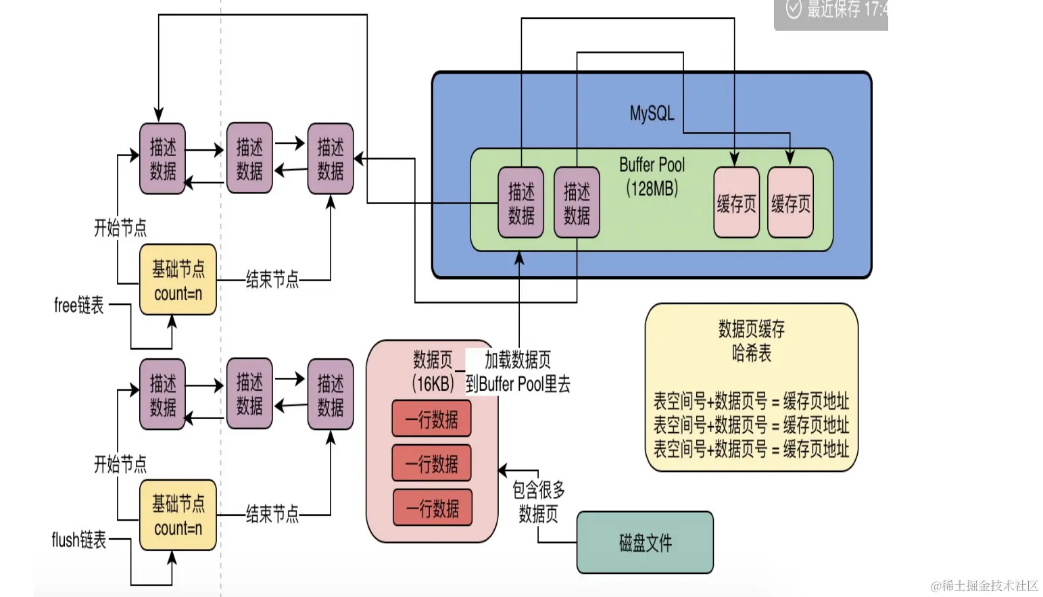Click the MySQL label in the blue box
[652, 113]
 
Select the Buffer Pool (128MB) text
[652, 176]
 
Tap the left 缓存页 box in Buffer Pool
[736, 203]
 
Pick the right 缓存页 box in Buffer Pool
[790, 203]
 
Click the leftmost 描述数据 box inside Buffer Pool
[520, 203]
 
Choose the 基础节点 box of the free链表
[178, 280]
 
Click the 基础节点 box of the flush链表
[178, 515]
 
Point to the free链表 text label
[79, 305]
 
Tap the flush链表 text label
[79, 540]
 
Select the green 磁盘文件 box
[645, 542]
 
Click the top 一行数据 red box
[431, 419]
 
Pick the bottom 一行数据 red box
[432, 508]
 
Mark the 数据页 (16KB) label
[433, 371]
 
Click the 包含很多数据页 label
[539, 502]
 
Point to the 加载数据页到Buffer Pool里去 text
[518, 372]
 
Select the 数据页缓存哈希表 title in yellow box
[751, 341]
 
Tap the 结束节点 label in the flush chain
[272, 515]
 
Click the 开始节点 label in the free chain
[120, 228]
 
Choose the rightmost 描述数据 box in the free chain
[330, 159]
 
